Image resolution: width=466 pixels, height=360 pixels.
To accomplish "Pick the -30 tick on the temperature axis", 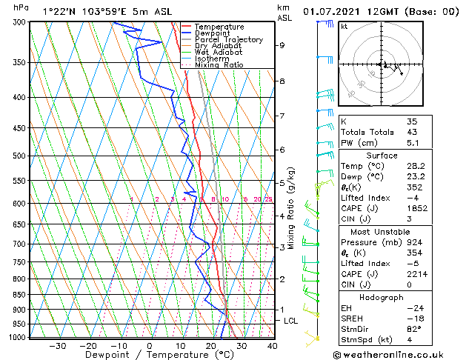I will [x=57, y=345].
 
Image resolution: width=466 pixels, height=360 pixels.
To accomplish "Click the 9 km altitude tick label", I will [x=282, y=45].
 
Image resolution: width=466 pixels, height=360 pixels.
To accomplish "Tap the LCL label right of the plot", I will [x=291, y=321].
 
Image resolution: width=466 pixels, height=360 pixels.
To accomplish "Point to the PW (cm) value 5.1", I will [x=412, y=144].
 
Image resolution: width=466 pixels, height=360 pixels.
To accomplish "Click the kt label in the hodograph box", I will [x=344, y=27].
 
